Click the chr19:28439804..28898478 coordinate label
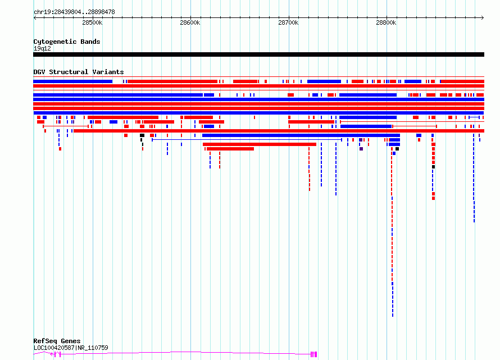74,12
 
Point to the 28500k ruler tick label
92,22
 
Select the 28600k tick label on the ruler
190,22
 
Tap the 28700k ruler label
288,22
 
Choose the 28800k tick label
386,22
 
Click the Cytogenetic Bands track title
66,42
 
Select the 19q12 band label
42,48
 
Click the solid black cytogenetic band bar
258,54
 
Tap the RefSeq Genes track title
57,341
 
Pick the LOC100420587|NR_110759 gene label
71,348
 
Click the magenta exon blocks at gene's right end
313,354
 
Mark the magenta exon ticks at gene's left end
56,354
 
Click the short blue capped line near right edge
474,117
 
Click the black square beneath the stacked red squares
433,167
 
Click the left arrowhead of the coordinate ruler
35,17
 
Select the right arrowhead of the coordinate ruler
483,17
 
